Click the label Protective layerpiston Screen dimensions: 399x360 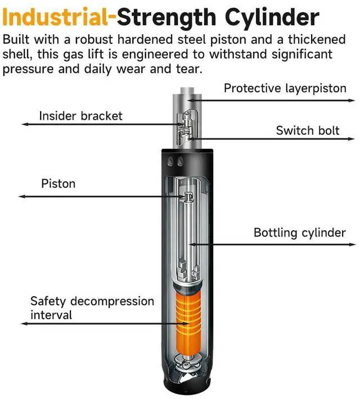(285, 88)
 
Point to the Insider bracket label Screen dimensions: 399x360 (80, 116)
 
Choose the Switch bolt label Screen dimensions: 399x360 (308, 130)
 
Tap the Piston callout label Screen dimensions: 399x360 (58, 184)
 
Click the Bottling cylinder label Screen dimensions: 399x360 (299, 232)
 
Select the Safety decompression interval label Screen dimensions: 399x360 (92, 307)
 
